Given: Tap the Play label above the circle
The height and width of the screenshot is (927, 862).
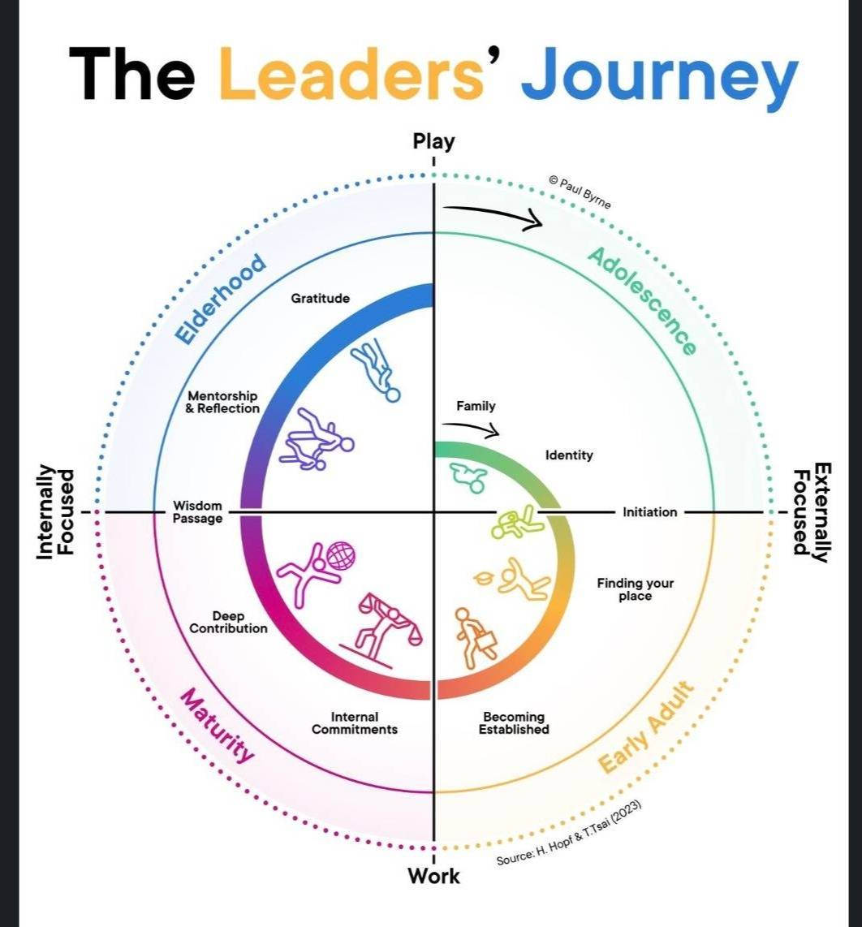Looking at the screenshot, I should click(x=434, y=141).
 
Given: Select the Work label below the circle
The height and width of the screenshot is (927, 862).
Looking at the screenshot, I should click(x=433, y=876).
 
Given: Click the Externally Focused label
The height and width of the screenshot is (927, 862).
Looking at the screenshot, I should click(x=811, y=512).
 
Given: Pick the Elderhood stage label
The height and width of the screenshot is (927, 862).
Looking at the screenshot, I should click(x=221, y=298).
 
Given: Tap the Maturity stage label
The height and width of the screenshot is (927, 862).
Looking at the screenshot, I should click(x=216, y=726).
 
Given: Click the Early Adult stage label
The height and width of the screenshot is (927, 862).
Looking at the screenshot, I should click(x=647, y=729).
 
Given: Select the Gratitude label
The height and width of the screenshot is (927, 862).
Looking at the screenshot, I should click(x=321, y=298).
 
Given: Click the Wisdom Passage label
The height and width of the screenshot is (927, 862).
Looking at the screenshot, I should click(x=197, y=512).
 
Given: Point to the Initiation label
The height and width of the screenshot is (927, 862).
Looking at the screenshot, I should click(x=649, y=512).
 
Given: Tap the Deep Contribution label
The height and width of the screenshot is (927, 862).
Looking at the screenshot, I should click(x=228, y=622).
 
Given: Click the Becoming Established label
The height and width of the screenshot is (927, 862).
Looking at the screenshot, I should click(x=514, y=722).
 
